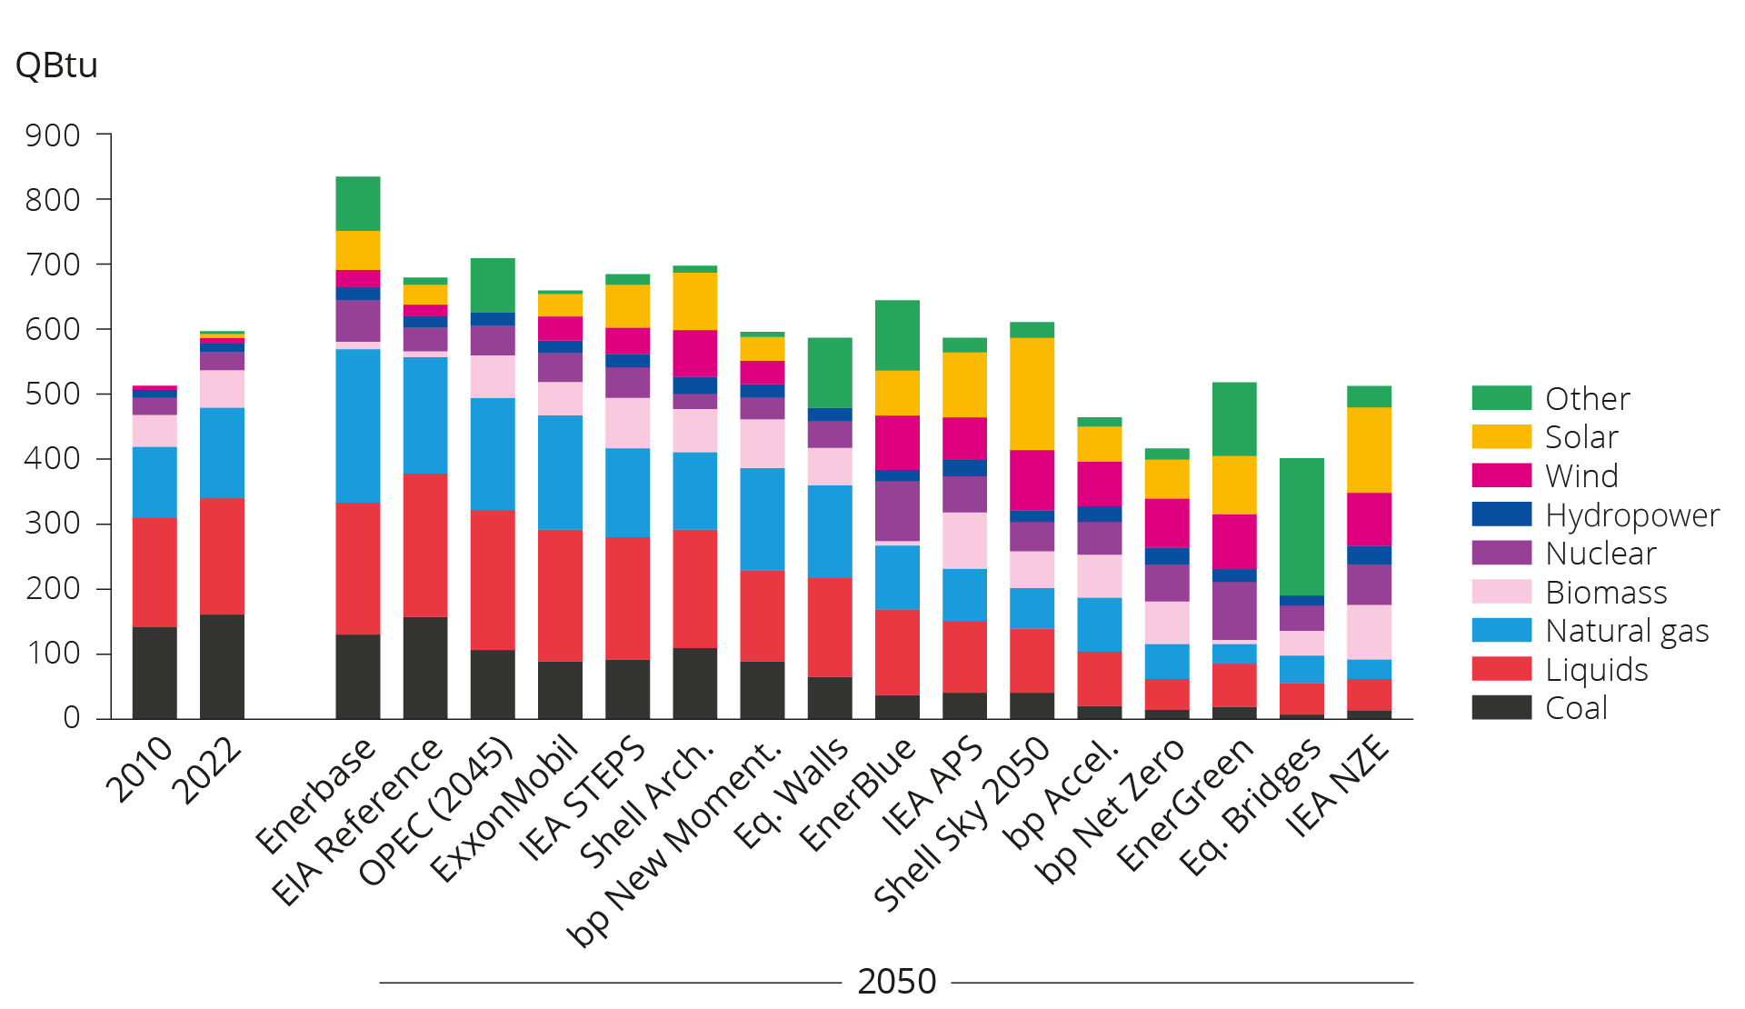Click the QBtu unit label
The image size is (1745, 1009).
click(56, 65)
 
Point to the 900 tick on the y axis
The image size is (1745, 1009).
click(53, 135)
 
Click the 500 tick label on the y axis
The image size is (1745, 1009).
click(53, 395)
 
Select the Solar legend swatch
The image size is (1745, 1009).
click(1501, 437)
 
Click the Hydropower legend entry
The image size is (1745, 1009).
click(1631, 515)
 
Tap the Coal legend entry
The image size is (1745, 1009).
click(1576, 708)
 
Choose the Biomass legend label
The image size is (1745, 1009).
click(1606, 593)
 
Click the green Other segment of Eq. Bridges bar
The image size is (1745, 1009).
click(1301, 527)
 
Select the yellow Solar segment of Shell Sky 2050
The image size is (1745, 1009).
click(1032, 394)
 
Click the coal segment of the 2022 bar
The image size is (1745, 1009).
click(222, 666)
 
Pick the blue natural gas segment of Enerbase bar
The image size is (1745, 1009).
click(357, 425)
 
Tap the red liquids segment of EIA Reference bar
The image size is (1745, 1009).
click(425, 545)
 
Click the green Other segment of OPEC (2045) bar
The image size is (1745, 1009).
click(493, 285)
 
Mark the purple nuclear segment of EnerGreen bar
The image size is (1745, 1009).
click(1234, 611)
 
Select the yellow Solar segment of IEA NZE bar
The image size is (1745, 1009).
click(1369, 450)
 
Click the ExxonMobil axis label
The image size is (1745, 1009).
click(504, 809)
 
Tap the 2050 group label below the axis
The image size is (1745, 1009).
click(896, 982)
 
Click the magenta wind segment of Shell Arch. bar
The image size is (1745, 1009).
click(694, 353)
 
